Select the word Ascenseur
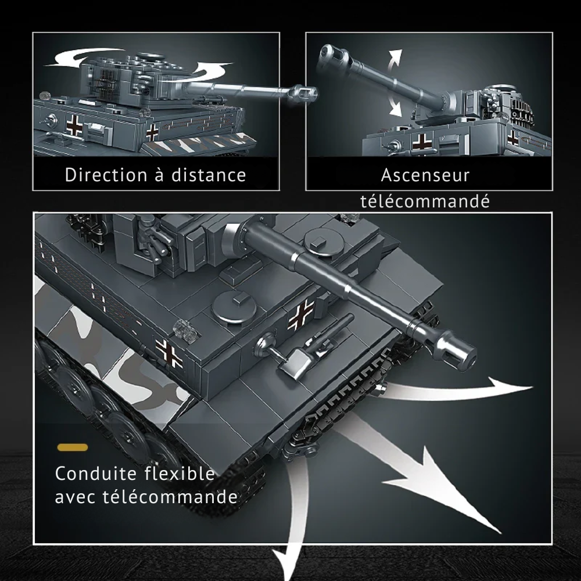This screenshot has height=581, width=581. (425, 175)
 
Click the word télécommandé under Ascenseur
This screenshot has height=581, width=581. (425, 202)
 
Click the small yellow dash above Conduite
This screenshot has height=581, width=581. (73, 447)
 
